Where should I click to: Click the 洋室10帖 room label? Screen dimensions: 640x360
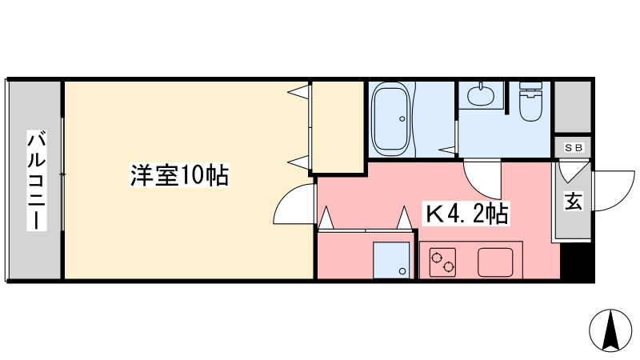(x=179, y=175)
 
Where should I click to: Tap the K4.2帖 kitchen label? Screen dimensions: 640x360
(x=466, y=214)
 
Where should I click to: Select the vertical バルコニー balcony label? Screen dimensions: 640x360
(x=37, y=180)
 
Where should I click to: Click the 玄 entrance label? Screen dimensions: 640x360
(x=574, y=201)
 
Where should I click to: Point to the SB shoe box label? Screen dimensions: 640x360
(x=574, y=148)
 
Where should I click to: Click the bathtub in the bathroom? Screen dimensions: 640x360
(x=390, y=119)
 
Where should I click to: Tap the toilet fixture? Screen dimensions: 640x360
(x=530, y=102)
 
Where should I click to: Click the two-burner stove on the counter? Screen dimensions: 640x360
(x=443, y=262)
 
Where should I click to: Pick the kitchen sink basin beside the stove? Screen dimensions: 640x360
(x=495, y=262)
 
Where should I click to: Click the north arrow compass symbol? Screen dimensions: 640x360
(x=610, y=330)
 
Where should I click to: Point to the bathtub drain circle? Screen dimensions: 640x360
(x=402, y=118)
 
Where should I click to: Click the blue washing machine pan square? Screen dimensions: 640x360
(x=391, y=261)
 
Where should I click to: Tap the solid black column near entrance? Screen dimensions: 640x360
(x=576, y=261)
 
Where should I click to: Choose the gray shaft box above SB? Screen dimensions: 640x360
(x=573, y=107)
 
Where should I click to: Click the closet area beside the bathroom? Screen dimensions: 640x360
(x=338, y=127)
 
